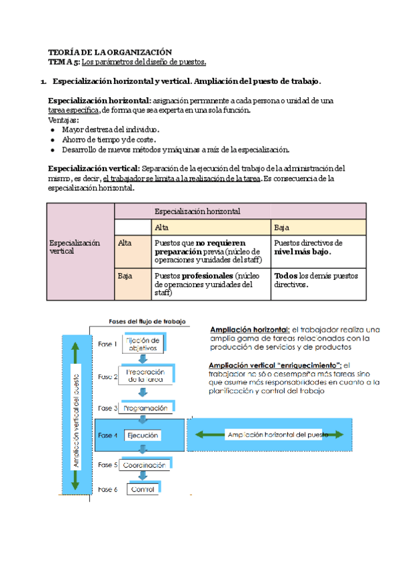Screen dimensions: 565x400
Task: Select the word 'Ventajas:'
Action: tap(63, 120)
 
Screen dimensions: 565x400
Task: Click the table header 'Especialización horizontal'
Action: tap(197, 211)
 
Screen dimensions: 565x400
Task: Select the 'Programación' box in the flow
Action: tap(144, 408)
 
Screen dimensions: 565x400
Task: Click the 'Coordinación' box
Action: tap(144, 464)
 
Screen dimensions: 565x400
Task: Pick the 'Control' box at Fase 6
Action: tap(143, 490)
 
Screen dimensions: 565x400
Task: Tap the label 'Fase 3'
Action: tap(107, 408)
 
